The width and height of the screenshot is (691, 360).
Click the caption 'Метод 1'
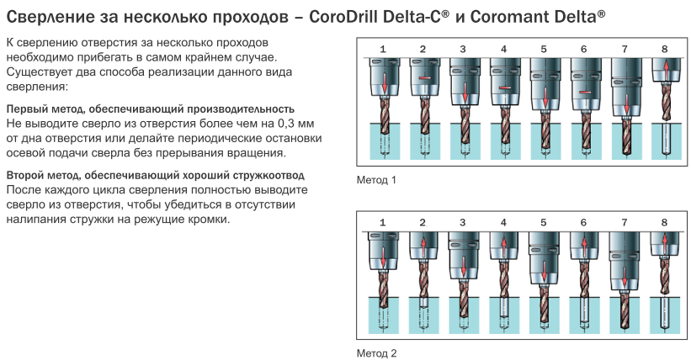[x=376, y=180]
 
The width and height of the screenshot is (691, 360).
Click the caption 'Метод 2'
[x=376, y=353]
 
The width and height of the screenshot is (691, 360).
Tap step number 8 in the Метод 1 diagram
[x=665, y=49]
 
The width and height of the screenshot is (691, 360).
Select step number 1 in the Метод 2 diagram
[x=382, y=223]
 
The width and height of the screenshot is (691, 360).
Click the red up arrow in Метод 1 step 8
[x=666, y=70]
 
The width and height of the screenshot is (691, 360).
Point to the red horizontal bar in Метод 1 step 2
[x=424, y=78]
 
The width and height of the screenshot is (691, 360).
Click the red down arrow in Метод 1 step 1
[x=385, y=82]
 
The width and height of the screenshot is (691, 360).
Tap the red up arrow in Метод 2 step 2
[x=423, y=246]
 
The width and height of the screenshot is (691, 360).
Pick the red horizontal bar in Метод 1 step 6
[x=585, y=93]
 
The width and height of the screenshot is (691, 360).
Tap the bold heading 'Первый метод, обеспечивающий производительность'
[x=151, y=109]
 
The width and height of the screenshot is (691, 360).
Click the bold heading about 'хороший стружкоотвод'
[x=155, y=175]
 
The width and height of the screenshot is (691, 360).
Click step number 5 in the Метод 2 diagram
[x=544, y=223]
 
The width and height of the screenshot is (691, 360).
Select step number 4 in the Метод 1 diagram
[x=503, y=49]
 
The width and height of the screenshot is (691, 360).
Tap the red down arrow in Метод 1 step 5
[x=545, y=97]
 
